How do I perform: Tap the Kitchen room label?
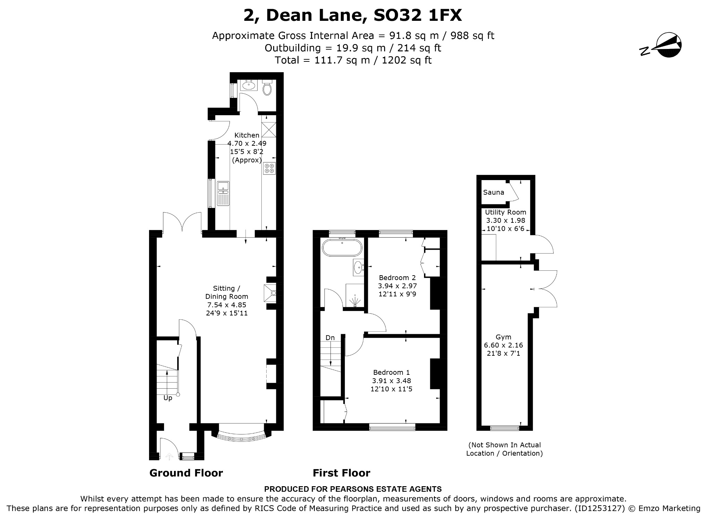(x=247, y=135)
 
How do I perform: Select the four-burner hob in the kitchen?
(x=269, y=168)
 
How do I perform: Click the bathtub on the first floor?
(x=342, y=248)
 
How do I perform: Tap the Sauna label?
(x=494, y=192)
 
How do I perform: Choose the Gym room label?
(x=503, y=337)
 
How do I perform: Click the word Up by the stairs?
(x=168, y=398)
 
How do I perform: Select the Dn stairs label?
(x=330, y=338)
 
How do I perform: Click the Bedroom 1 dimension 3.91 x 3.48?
(x=391, y=381)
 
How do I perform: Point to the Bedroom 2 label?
(x=397, y=278)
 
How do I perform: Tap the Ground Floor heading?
(x=186, y=473)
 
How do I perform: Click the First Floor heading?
(x=341, y=473)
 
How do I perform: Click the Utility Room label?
(x=505, y=212)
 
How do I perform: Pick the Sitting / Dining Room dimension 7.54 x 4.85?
(x=227, y=305)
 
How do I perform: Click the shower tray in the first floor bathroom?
(x=355, y=296)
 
